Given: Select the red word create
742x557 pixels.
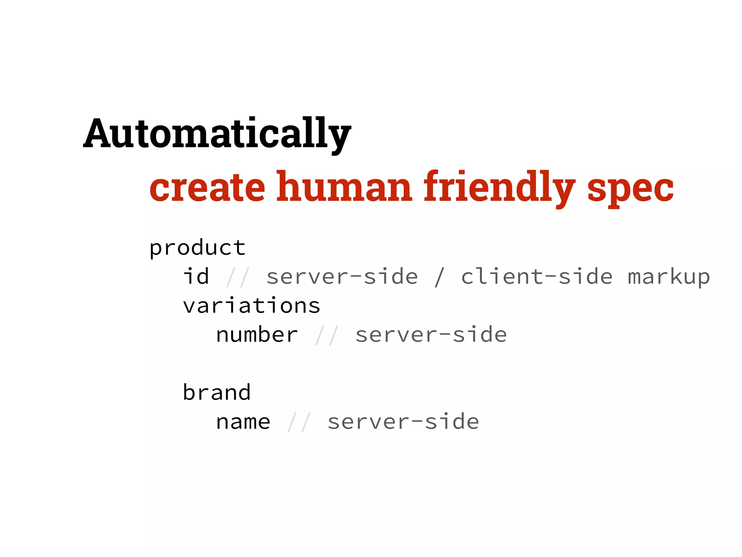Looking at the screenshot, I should click(x=207, y=187).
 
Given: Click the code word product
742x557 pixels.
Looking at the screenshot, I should click(x=197, y=248).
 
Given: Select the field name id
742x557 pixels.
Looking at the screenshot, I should click(x=196, y=277).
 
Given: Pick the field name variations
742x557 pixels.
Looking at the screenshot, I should click(x=251, y=306).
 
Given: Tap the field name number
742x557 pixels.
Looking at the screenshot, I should click(x=257, y=335).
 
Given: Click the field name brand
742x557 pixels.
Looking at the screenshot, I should click(x=217, y=393).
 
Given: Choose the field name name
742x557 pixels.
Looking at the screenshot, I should click(x=243, y=422).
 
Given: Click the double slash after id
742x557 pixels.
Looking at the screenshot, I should click(x=238, y=277).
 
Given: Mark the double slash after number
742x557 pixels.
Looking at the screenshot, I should click(x=327, y=335).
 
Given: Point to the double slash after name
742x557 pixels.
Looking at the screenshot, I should click(x=299, y=422).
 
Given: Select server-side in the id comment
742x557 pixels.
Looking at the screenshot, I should click(x=342, y=277).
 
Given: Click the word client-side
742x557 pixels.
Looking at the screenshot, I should click(x=537, y=277).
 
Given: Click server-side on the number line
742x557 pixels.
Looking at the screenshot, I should click(x=431, y=335).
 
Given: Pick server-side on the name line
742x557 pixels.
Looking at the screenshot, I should click(x=403, y=422).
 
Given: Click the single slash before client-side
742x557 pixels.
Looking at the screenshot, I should click(x=439, y=277).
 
